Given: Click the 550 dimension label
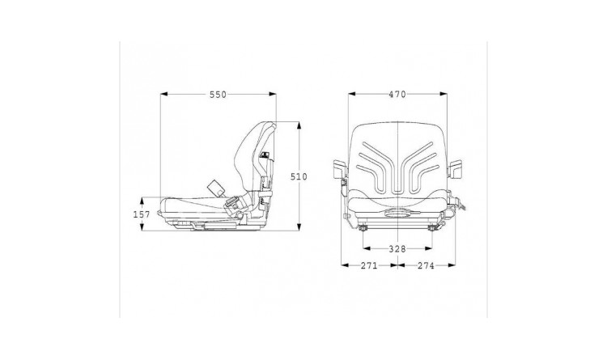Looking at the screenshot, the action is [x=218, y=95].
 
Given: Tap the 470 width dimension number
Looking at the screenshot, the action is [x=397, y=95].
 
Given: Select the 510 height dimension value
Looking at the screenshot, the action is [x=299, y=177].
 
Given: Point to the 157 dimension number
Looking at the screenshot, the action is [x=142, y=214].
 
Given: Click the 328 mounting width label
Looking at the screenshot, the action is [x=397, y=249].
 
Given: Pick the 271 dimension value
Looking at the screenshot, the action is [x=369, y=266].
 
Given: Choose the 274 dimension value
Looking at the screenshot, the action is [x=426, y=266].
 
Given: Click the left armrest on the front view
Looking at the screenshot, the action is [x=340, y=169].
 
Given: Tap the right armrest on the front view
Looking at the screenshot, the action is [x=455, y=169].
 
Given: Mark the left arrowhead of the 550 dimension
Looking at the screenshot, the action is [x=163, y=94].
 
